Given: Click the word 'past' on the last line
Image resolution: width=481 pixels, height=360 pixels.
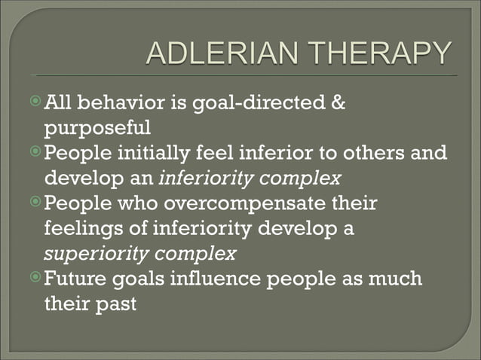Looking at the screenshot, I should point(116,304).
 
